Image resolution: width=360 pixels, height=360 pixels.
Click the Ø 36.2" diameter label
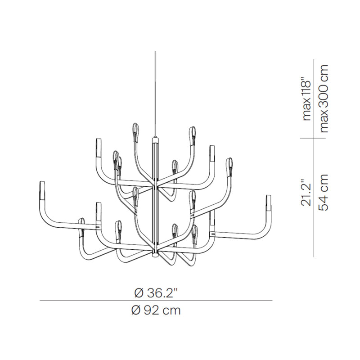pyautogui.click(x=156, y=293)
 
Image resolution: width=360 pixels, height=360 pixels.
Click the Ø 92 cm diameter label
pyautogui.click(x=156, y=310)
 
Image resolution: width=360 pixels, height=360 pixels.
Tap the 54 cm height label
pyautogui.click(x=324, y=193)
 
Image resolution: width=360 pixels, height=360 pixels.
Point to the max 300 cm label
pyautogui.click(x=324, y=99)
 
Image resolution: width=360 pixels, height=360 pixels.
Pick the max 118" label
pyautogui.click(x=306, y=100)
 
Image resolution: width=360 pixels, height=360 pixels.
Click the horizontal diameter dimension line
pyautogui.click(x=156, y=301)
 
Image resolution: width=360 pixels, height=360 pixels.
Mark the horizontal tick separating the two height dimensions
pyautogui.click(x=313, y=138)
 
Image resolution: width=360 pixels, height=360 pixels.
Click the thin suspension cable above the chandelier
pyautogui.click(x=155, y=94)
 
